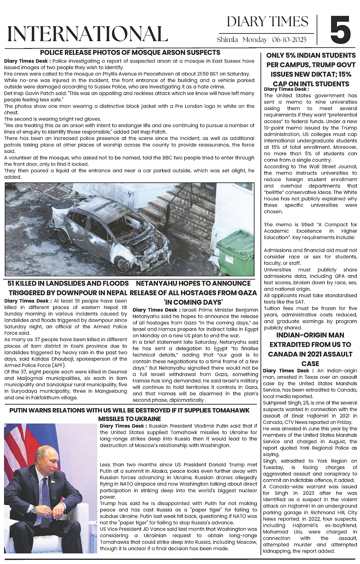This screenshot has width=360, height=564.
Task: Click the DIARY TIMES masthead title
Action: tap(267, 21)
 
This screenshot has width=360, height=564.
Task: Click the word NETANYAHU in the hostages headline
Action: tap(159, 283)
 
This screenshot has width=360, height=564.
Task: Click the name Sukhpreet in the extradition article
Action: tap(274, 403)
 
